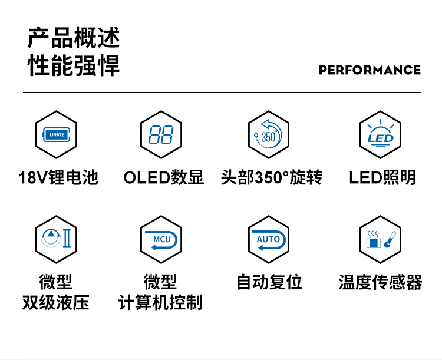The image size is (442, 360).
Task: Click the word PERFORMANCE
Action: pos(370,70)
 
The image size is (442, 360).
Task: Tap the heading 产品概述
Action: pos(74,38)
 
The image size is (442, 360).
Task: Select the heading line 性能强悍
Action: pos(74,65)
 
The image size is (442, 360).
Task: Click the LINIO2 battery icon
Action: pos(57,134)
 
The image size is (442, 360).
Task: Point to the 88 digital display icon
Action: pos(161,135)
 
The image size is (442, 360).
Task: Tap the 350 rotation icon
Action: pos(268,134)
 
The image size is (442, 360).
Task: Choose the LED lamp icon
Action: pos(380,133)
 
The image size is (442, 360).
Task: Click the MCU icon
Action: pos(161,240)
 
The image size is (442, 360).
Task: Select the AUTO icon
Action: pos(268,240)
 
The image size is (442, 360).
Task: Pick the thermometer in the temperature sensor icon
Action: pos(390,240)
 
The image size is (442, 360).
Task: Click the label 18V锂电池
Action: pos(58,177)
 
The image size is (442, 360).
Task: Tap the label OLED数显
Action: pos(163,177)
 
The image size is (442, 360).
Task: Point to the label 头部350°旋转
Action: pos(272,177)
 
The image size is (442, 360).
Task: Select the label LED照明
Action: pos(382,177)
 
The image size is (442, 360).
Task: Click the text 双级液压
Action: pos(56,302)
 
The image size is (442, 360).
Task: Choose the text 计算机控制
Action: pos(160,302)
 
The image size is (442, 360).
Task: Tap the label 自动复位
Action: pos(269,282)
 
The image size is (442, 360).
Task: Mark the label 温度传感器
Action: pos(380,282)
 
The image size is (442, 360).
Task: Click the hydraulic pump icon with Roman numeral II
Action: pos(56,238)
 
